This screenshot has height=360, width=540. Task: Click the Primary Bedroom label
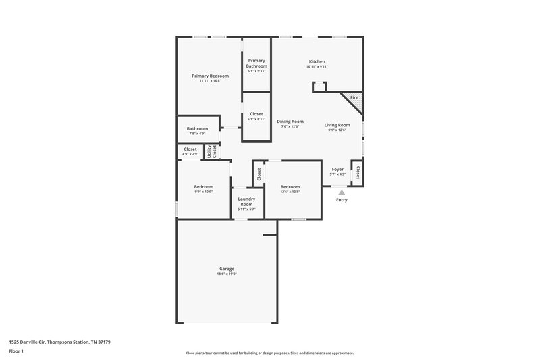coord(210,76)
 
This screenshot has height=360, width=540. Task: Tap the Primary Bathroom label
coord(256,63)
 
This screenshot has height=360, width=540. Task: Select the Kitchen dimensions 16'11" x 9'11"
coord(317,67)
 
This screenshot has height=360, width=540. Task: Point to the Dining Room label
coord(290,122)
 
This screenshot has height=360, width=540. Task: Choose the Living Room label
coord(337,125)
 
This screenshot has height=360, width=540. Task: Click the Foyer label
coord(337,169)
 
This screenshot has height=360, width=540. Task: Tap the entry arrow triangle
coord(342,192)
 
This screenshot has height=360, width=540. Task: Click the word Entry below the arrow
coord(342,200)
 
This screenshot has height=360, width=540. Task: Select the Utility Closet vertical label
coord(212,151)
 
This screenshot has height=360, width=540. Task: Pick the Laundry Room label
coord(246,201)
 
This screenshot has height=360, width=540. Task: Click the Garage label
coord(227,269)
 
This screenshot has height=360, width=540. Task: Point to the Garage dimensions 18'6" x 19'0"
coord(227,274)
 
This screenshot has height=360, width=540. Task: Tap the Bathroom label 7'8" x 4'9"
coord(198,128)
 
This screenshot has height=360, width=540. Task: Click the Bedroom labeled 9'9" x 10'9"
coord(204,186)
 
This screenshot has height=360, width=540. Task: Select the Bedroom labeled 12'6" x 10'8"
coord(290,186)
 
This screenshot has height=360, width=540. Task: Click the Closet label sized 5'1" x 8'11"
coord(256,114)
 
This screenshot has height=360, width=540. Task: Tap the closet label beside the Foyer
coord(358,172)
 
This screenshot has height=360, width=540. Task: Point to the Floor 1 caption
coord(16,351)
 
